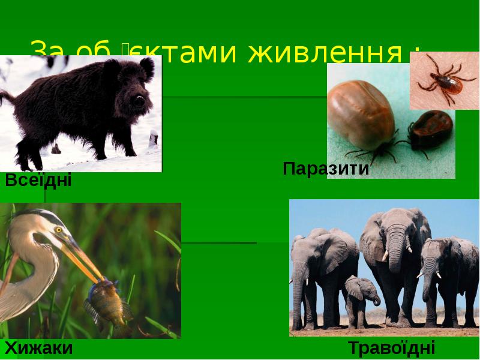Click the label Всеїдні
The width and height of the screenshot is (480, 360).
coord(38,179)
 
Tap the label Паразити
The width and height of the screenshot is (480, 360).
coord(326,169)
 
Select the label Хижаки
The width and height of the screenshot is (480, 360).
coord(39,348)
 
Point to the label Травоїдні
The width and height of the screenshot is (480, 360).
coord(391,348)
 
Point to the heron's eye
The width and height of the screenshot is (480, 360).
coord(59,229)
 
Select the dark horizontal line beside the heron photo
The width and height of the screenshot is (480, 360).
coord(218,243)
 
